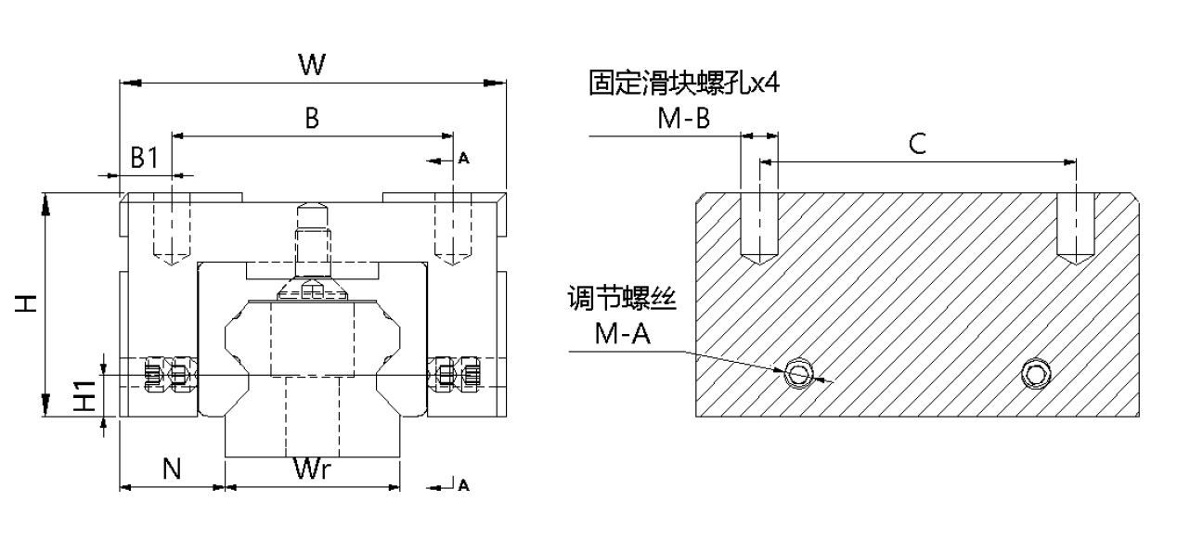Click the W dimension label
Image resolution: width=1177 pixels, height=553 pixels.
coord(312,65)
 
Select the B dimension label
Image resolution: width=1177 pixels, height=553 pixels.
coord(312,118)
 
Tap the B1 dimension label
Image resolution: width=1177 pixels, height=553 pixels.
coord(144,158)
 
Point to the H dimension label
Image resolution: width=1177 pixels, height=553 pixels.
coord(28,303)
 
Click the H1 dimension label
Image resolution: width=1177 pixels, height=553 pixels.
coord(84,396)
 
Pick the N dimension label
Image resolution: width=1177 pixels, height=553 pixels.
coord(172,469)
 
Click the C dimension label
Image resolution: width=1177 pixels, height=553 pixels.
coord(917,145)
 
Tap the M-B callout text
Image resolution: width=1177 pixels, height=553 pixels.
coord(683,119)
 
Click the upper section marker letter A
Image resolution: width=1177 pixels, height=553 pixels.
coord(464,160)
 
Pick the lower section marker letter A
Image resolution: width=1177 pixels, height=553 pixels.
coord(463,485)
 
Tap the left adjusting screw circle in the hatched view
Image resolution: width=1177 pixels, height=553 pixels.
coord(797,374)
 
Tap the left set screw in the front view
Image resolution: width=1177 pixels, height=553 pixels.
coord(167,374)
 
